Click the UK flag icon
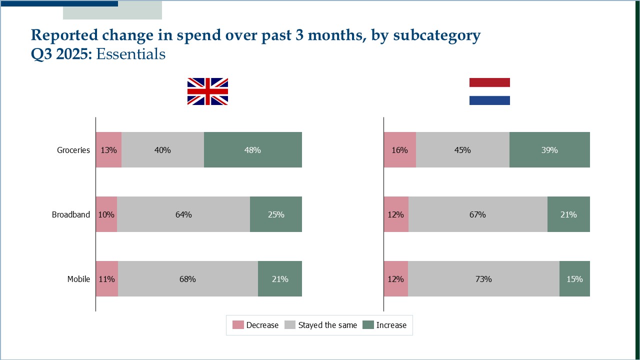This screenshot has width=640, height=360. click(x=207, y=91)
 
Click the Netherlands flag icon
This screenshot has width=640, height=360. click(x=489, y=91)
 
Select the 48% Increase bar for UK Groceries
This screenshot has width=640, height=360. click(x=253, y=150)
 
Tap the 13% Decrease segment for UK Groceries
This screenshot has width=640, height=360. click(x=108, y=150)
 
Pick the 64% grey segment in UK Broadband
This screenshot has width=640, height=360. click(x=183, y=214)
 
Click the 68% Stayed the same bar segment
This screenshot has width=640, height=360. click(x=187, y=279)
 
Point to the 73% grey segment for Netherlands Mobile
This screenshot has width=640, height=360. click(x=483, y=279)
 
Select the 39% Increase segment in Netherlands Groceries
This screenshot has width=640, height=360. click(x=549, y=150)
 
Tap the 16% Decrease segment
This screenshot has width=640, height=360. click(x=399, y=150)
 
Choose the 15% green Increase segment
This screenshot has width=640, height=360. click(x=574, y=279)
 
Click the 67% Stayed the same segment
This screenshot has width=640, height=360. click(x=477, y=214)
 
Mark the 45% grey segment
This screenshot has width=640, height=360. click(x=462, y=150)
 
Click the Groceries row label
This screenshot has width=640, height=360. click(x=73, y=150)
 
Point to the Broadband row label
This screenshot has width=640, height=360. click(x=71, y=214)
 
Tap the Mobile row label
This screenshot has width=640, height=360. click(x=79, y=279)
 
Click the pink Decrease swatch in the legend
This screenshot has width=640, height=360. click(x=238, y=325)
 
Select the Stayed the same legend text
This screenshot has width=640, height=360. click(x=327, y=325)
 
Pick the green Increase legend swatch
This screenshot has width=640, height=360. click(x=368, y=325)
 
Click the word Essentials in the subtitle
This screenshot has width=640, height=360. click(x=130, y=54)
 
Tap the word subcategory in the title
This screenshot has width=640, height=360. click(x=436, y=35)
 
